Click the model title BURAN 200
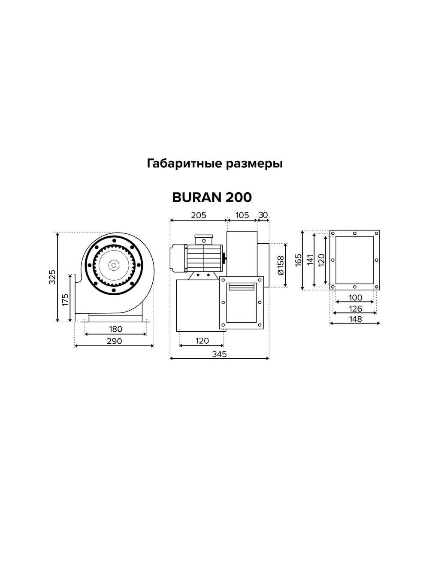coord(211,197)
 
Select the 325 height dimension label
coord(52,277)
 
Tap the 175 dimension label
coord(65,299)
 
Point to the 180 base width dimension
coord(115,329)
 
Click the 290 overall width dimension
coord(114,341)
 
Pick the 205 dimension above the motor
coord(198,215)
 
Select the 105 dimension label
coord(242,215)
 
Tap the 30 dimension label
coord(263,215)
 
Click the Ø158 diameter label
coord(281,266)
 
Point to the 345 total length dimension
coord(219,354)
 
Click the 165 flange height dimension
coord(299,260)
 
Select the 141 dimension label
coord(310,260)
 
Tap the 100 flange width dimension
coord(355,298)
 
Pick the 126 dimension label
coord(355,309)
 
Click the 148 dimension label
coord(355,319)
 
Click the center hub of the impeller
coord(114,265)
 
